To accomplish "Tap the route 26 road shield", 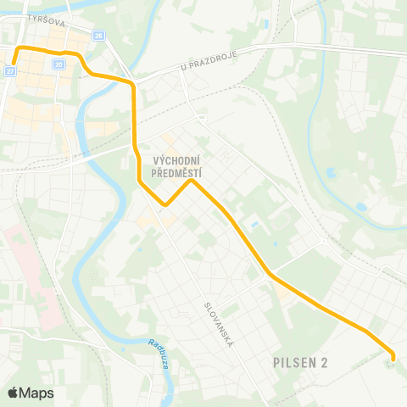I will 98,36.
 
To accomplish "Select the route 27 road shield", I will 10,72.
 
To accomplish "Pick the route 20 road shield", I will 59,64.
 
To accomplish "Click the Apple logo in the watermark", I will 13,393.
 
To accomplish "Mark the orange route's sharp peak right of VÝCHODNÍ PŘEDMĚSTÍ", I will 192,180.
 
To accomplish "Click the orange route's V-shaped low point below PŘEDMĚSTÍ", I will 166,204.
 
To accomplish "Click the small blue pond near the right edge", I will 362,206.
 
